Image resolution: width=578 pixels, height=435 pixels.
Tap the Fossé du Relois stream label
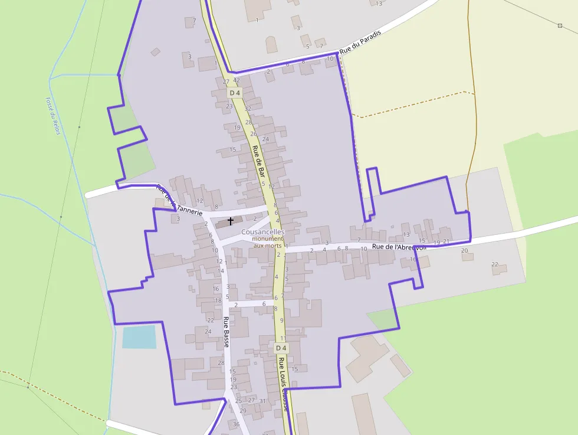[54, 116]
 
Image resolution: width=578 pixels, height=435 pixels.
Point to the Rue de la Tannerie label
[179, 201]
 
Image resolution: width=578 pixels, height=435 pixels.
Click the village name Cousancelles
[262, 232]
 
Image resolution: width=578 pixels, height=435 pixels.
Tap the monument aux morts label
[268, 242]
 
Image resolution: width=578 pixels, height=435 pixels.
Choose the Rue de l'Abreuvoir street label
[398, 247]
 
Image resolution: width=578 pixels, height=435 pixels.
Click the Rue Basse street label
[226, 332]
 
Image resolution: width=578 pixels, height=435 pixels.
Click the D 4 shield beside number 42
[235, 93]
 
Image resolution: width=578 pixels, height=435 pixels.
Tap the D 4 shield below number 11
[281, 348]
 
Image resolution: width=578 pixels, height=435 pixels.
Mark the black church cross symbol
[230, 220]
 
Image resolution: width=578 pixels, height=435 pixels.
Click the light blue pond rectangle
[139, 336]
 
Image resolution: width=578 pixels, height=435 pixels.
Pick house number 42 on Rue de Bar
[237, 80]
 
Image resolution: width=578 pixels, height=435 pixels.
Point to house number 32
[248, 109]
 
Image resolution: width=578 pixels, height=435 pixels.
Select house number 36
[237, 424]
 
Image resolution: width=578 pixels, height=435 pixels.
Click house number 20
[464, 251]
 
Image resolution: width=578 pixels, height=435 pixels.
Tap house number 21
[446, 242]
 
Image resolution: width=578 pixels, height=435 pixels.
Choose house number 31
[262, 401]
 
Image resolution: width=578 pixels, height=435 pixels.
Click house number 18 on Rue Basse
[218, 300]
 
